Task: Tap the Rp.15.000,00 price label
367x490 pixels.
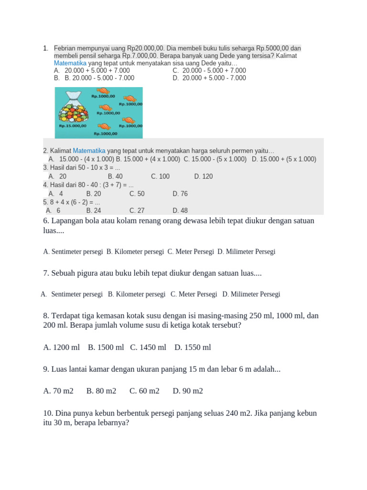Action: click(x=73, y=126)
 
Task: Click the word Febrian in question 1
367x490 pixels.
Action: click(x=65, y=48)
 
